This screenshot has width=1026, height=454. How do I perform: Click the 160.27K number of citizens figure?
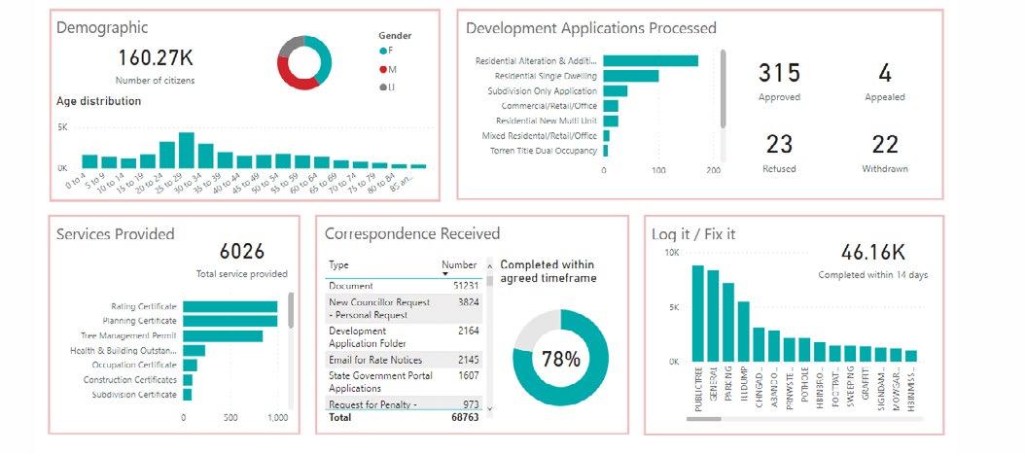[157, 57]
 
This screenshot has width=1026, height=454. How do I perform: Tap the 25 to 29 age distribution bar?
[186, 151]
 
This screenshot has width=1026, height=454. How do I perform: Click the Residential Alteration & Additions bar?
[651, 60]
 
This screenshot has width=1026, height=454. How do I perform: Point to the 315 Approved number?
[779, 73]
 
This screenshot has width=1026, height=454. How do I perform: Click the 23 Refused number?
[779, 144]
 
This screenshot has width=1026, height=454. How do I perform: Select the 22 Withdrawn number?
[885, 144]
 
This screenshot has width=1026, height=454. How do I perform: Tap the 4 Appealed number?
[885, 73]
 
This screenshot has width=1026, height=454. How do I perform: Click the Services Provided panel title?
[116, 233]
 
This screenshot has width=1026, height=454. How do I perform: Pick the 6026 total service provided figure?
[242, 252]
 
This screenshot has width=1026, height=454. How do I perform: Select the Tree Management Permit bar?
[223, 336]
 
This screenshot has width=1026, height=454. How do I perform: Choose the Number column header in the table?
[459, 264]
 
